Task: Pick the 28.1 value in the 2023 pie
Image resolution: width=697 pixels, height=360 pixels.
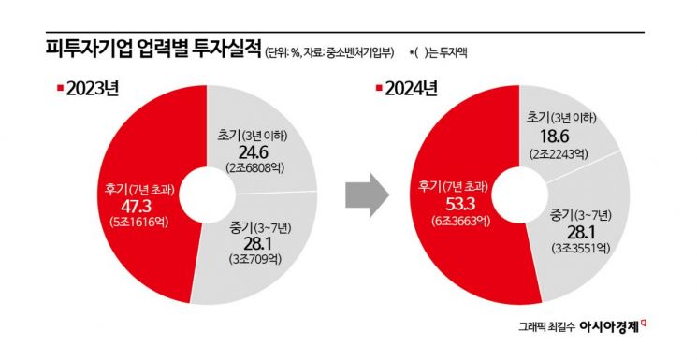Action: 248,243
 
